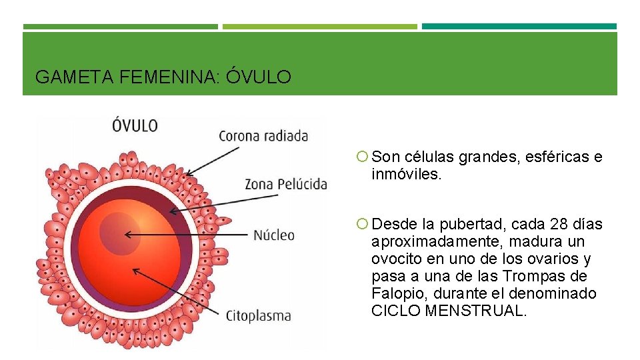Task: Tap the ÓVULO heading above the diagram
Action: coord(135,125)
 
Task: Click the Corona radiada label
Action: coord(263,136)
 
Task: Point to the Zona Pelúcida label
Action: coord(286,183)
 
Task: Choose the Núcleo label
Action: coord(273,235)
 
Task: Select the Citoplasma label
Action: coord(259,315)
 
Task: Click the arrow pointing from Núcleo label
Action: coord(187,235)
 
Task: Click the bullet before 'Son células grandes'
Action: coord(361,157)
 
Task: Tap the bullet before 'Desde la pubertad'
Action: coord(361,224)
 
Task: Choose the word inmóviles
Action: coord(406,175)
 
